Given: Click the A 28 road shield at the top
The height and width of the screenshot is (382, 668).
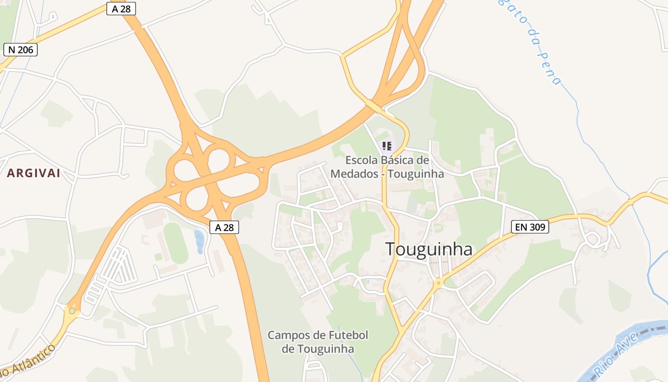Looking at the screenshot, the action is pos(121,9).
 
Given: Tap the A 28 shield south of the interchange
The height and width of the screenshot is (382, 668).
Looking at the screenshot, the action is pos(224,227).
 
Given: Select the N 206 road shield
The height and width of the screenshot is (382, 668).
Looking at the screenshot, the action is pos(20,50).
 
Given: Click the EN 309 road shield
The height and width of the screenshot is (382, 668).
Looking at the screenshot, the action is pos(530,227).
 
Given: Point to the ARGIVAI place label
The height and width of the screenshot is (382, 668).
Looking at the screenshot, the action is pos(34,173).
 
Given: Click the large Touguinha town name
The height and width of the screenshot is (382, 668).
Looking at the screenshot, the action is pos(428,249).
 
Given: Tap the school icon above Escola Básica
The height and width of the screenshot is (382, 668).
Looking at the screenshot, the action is pos(387,145).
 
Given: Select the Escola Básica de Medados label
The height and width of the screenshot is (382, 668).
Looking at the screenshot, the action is pos(387,167).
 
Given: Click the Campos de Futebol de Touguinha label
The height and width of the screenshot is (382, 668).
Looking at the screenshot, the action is pos(318,342).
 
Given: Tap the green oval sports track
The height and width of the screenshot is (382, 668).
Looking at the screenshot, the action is pos(176,243).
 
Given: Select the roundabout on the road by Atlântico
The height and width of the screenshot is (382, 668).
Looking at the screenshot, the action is pos(72,311).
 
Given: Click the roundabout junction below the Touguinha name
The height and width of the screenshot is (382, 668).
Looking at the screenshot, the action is pos(438,283).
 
